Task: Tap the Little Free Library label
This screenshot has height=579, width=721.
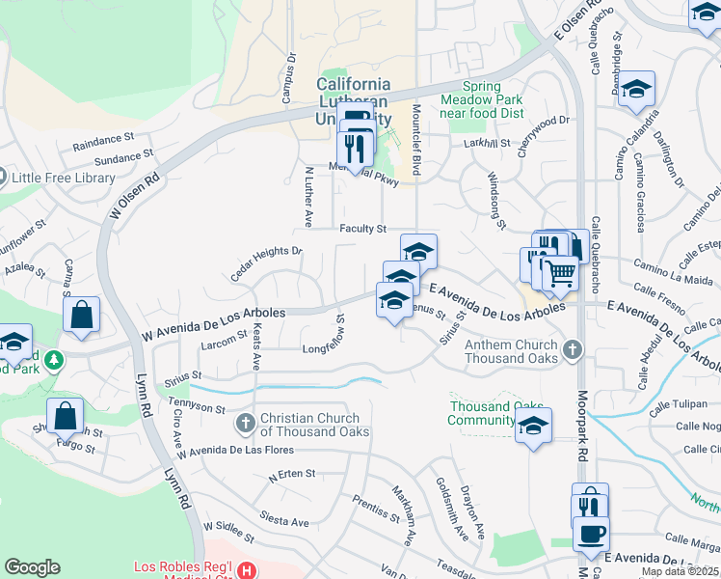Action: tap(58, 177)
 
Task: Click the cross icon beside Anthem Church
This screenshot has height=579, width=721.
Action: tap(573, 349)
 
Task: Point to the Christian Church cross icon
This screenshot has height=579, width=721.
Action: tap(246, 423)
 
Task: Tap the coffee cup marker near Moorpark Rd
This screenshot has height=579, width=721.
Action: tap(591, 533)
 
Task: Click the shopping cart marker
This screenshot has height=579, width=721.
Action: tap(560, 274)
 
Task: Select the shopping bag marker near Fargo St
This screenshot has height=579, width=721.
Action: tap(66, 417)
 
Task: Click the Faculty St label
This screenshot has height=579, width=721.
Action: tap(362, 229)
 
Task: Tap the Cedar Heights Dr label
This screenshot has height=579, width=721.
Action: tap(266, 263)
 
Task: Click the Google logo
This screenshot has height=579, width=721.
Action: tap(32, 567)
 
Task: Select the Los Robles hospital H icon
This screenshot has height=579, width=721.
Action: tap(248, 570)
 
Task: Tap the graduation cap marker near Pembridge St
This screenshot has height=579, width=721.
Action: tap(636, 90)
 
